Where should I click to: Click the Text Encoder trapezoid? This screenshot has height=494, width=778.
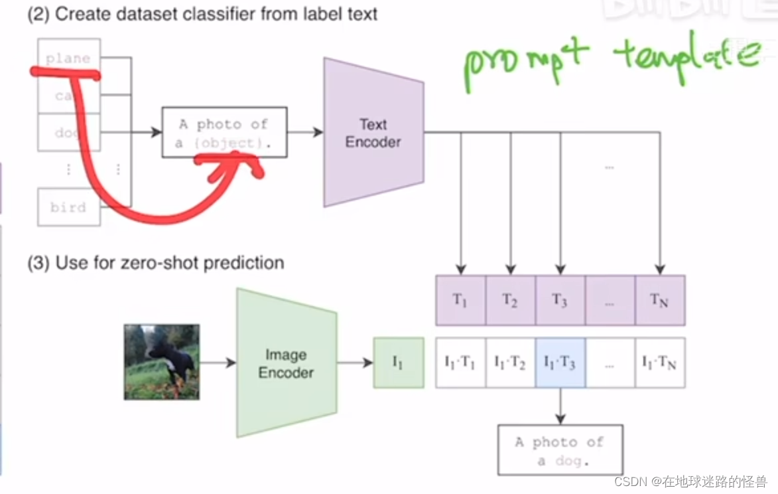coord(373,133)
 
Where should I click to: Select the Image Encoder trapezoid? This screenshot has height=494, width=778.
coord(286,363)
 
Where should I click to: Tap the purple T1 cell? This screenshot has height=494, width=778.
coord(460,300)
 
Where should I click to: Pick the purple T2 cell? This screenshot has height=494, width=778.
coord(510,300)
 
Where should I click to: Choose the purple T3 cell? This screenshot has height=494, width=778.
coord(560,300)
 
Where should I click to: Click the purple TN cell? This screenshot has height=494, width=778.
coord(659,300)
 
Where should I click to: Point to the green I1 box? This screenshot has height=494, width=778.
coord(398,363)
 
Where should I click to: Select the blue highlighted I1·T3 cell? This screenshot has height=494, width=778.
coord(560,363)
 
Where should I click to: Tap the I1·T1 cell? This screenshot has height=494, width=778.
coord(460,363)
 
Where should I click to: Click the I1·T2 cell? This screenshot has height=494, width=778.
coord(510,363)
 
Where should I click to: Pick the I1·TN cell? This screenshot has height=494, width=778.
coord(659,363)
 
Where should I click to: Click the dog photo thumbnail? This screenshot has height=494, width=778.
coord(162,362)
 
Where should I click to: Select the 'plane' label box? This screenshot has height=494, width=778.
coord(69,58)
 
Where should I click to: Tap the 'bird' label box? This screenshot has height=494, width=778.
coord(69,207)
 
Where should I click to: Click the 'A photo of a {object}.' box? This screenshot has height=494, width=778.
coord(224,133)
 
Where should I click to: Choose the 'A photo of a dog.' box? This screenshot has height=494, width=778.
coord(560,450)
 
